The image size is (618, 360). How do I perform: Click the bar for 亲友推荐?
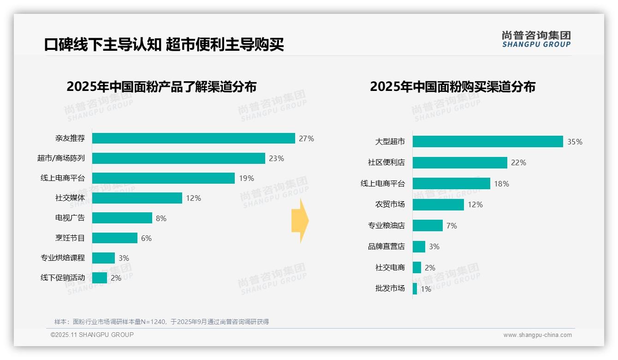(193, 138)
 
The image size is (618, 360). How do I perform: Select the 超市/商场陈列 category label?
(61, 158)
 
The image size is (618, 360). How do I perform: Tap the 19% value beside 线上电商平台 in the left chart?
(246, 178)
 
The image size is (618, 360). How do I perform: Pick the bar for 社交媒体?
(137, 198)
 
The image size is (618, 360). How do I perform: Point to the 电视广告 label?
(70, 218)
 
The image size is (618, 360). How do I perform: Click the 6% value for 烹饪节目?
(146, 238)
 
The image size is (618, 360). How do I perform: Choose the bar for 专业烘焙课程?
(103, 258)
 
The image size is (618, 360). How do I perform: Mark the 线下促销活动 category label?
(62, 278)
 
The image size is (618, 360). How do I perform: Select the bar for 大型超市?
(487, 142)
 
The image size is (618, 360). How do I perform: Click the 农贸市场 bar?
(438, 204)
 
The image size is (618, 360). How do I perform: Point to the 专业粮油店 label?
(386, 226)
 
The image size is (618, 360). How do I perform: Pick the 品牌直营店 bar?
(419, 246)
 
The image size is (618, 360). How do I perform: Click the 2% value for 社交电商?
(430, 268)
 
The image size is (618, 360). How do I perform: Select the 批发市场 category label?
(390, 288)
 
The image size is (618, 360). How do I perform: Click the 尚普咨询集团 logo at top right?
(536, 39)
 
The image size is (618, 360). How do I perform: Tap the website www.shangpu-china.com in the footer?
(537, 335)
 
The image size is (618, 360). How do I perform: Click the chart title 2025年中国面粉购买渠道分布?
(452, 87)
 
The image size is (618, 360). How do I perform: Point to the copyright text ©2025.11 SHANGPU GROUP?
(92, 335)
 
